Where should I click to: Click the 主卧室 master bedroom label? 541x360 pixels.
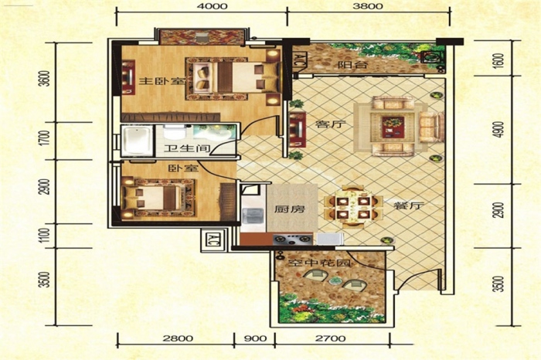tap(162, 81)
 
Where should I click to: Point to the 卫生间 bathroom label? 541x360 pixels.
tap(187, 148)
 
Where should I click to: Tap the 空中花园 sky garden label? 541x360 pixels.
tap(318, 263)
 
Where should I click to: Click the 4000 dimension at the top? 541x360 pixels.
tap(213, 6)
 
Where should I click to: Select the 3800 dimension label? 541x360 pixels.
tap(368, 6)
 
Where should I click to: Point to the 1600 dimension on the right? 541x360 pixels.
tap(498, 60)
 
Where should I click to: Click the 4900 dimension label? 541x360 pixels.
tap(498, 130)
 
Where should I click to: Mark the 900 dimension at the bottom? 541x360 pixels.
tap(255, 338)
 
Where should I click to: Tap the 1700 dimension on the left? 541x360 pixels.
tap(44, 138)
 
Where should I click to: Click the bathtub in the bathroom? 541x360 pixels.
tap(137, 141)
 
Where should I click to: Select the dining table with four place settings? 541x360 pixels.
tap(353, 207)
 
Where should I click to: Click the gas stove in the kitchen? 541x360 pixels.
tap(293, 239)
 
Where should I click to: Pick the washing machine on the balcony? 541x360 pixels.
tap(430, 57)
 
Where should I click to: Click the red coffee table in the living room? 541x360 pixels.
tap(393, 126)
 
